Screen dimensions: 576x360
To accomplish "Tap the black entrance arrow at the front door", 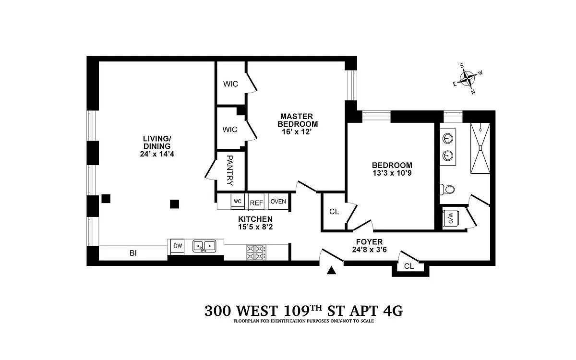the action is (x=332, y=271).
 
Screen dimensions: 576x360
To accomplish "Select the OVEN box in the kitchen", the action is (x=278, y=201).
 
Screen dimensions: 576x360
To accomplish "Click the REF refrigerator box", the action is (x=256, y=202).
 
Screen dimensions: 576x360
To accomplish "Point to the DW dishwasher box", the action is (x=178, y=246).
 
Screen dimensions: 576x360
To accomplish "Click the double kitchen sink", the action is (x=204, y=246).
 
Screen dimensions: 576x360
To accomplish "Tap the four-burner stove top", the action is (x=256, y=252).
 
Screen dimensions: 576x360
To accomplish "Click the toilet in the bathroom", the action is (x=447, y=190).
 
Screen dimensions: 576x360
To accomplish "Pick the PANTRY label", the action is (x=229, y=170).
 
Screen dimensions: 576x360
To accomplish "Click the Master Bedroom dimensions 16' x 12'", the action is (x=297, y=132).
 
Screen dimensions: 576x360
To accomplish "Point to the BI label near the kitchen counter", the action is (x=133, y=253).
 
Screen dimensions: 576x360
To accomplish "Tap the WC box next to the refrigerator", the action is (x=238, y=201).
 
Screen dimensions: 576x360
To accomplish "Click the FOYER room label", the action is (x=369, y=242).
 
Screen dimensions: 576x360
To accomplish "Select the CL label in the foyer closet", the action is (x=409, y=266).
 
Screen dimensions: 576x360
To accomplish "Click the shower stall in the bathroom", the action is (x=480, y=148).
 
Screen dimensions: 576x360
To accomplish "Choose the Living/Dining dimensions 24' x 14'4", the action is (x=157, y=154).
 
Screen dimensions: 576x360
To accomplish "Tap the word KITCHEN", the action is (x=255, y=219).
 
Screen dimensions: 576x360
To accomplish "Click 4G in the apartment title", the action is (x=393, y=311).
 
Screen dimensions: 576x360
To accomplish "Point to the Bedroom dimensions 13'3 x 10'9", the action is (x=392, y=173).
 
